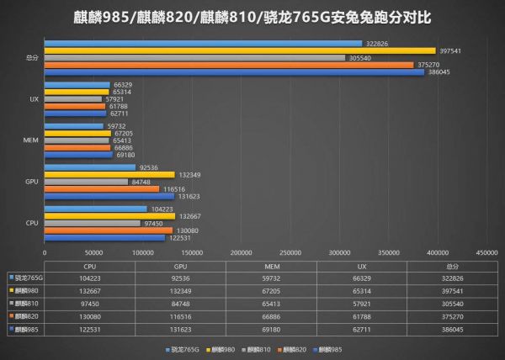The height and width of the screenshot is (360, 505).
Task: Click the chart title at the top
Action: (252, 16)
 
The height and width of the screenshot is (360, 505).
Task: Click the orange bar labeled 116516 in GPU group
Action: (102, 188)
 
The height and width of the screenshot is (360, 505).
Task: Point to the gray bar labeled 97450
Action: (93, 223)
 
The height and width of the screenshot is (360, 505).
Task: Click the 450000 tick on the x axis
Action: (486, 251)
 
